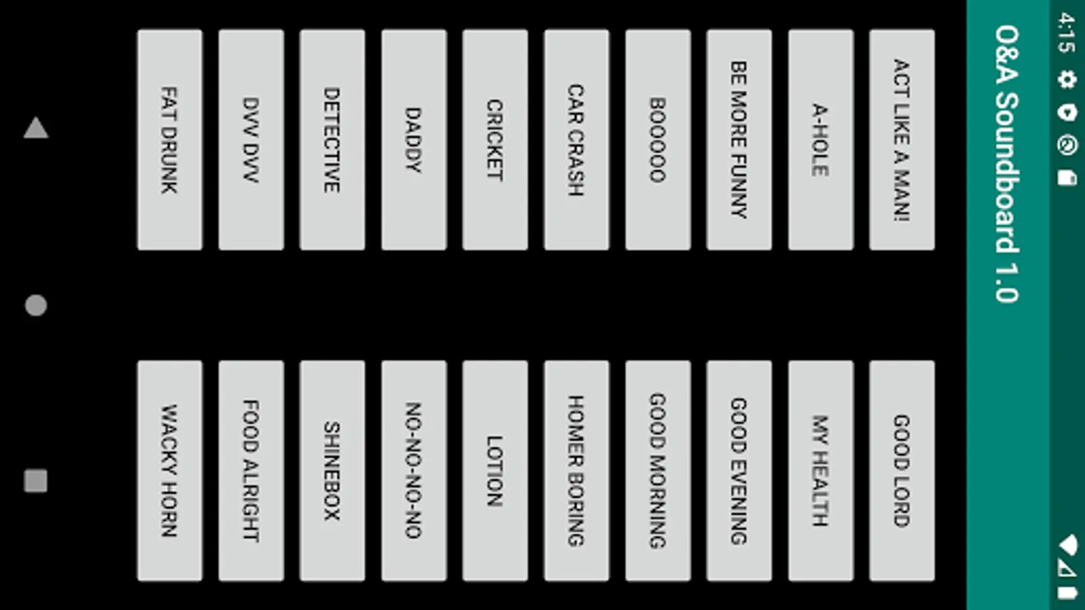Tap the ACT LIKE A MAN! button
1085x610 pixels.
pyautogui.click(x=902, y=140)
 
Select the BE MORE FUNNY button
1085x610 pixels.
pyautogui.click(x=739, y=140)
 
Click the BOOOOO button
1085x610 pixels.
pyautogui.click(x=658, y=140)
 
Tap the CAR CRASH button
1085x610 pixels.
pyautogui.click(x=576, y=140)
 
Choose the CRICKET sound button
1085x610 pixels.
pyautogui.click(x=495, y=140)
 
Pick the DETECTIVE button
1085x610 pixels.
pyautogui.click(x=332, y=140)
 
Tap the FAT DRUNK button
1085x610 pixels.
pyautogui.click(x=170, y=140)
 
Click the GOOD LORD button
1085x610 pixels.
pyautogui.click(x=902, y=470)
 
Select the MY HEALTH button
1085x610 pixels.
pyautogui.click(x=821, y=470)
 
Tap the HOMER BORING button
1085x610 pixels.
pyautogui.click(x=576, y=470)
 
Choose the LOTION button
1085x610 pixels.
pyautogui.click(x=495, y=470)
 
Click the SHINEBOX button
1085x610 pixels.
pyautogui.click(x=332, y=470)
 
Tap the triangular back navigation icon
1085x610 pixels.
pyautogui.click(x=36, y=128)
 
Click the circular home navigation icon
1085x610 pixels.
pyautogui.click(x=36, y=306)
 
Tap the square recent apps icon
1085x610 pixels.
pyautogui.click(x=36, y=481)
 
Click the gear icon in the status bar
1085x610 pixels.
pyautogui.click(x=1067, y=79)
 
